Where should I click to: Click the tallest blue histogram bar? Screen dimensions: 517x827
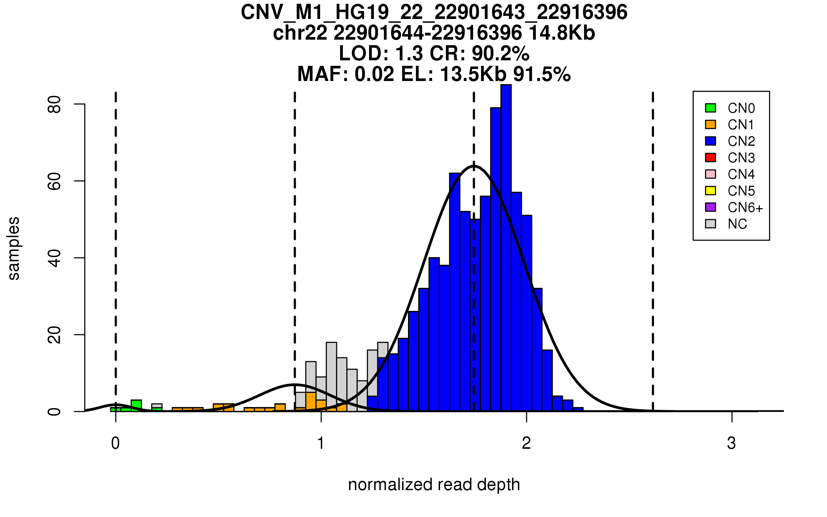pos(506,248)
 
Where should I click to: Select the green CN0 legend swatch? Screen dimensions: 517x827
pos(711,108)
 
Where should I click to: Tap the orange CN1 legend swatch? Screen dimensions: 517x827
pos(711,124)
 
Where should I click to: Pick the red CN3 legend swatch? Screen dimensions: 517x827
pos(711,158)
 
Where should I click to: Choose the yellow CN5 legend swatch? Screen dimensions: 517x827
pos(711,191)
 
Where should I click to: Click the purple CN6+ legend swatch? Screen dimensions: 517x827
pos(711,207)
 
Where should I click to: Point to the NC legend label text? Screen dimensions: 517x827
pos(737,224)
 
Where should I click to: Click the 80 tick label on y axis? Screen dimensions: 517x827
pos(54,104)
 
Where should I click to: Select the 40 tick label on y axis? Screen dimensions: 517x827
pos(54,258)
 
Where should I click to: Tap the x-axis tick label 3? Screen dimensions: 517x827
pos(732,443)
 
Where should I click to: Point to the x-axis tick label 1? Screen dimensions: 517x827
pos(321,443)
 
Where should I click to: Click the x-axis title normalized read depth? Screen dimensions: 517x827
pos(434,485)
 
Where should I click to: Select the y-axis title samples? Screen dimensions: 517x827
pos(14,248)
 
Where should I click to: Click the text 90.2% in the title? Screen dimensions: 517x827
pos(500,53)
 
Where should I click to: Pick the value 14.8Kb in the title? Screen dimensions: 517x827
pos(562,33)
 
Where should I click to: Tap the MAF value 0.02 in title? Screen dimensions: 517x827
pos(374,74)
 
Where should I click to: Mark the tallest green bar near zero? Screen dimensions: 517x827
pos(136,405)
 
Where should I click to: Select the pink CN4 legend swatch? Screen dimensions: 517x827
pos(711,174)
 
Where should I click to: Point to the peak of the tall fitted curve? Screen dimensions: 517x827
pos(474,166)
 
